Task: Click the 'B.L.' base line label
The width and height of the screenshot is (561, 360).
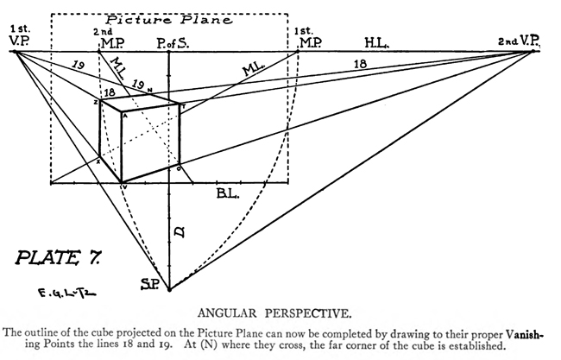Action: click(x=227, y=194)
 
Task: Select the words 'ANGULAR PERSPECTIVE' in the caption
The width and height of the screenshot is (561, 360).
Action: click(x=282, y=314)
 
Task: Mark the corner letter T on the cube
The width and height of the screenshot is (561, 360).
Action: click(x=182, y=105)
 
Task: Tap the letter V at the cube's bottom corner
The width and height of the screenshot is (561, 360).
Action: click(x=123, y=186)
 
